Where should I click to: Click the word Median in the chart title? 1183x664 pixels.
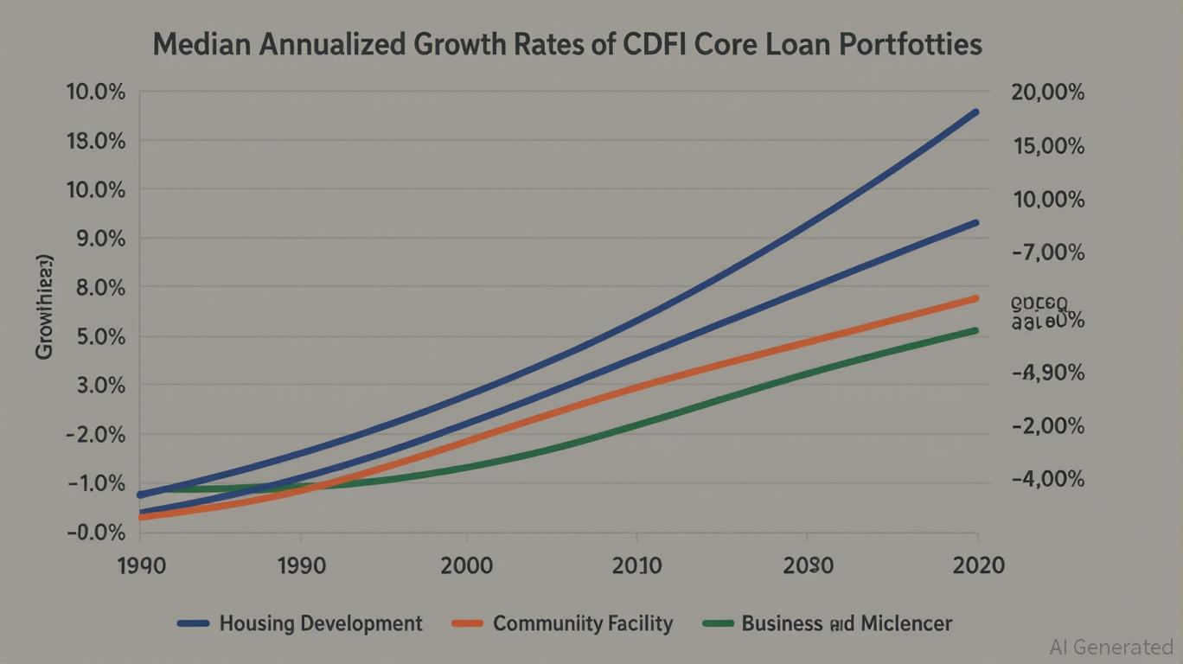205,45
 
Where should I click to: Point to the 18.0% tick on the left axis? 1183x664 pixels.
95,141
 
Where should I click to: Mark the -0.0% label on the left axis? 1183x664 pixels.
95,533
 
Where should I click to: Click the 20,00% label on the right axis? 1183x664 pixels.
1047,93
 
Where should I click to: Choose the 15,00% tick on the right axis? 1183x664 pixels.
1047,146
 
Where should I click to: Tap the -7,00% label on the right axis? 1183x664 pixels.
1047,252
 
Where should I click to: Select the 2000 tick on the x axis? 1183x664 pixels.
466,566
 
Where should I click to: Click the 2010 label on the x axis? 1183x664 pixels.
636,566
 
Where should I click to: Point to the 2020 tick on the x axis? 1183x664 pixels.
977,566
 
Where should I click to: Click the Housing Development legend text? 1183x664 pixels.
321,623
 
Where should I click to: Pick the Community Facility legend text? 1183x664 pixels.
582,623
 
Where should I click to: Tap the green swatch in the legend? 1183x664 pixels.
718,623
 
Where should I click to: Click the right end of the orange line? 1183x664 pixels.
976,298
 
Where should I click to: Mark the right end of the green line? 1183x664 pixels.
976,330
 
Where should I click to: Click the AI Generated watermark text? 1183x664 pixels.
1110,646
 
